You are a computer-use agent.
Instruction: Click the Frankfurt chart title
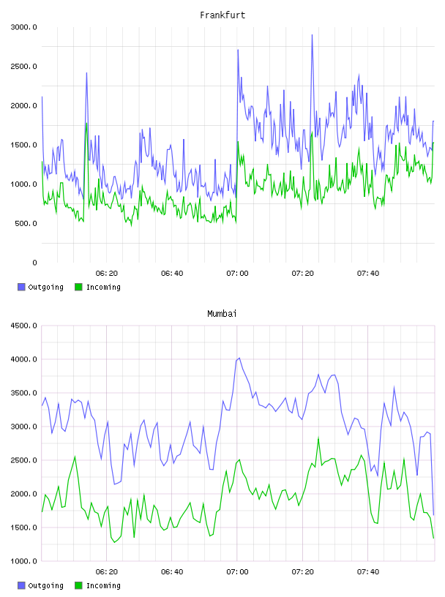(x=222, y=15)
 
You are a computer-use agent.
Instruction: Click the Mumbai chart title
(x=222, y=314)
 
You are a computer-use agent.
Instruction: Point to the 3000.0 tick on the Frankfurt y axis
(x=24, y=27)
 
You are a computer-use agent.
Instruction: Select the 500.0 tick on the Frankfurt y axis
(x=26, y=223)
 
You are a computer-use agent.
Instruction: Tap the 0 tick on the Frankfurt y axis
(x=34, y=263)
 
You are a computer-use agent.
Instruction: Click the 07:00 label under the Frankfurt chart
(x=237, y=274)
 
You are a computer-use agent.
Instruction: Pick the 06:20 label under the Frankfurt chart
(x=107, y=274)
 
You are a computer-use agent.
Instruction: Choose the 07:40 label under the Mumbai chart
(x=368, y=572)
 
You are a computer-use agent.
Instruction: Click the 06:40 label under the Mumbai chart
(x=172, y=572)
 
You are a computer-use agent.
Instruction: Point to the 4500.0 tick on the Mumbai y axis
(x=24, y=326)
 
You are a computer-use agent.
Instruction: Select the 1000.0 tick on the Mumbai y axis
(x=24, y=561)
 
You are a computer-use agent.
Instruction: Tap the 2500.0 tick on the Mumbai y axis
(x=24, y=460)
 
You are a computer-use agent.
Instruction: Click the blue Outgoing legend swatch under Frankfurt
(x=21, y=287)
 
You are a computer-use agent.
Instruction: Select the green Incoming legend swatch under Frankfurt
(x=78, y=287)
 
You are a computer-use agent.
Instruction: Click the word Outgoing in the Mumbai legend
(x=45, y=585)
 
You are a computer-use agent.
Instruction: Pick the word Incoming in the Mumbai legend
(x=103, y=585)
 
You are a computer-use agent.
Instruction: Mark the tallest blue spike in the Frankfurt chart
(x=312, y=35)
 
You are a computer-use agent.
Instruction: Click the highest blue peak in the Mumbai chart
(x=239, y=358)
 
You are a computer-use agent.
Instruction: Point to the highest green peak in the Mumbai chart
(x=318, y=438)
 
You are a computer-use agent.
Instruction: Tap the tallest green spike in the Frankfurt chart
(x=87, y=124)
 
